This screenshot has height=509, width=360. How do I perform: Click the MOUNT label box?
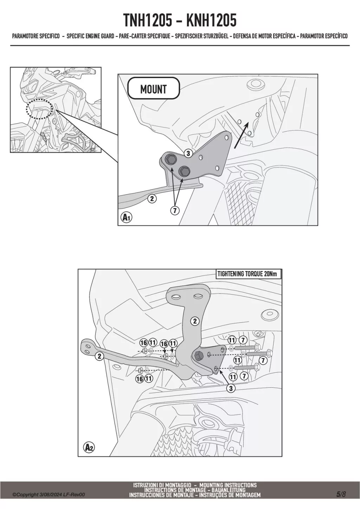click(154, 89)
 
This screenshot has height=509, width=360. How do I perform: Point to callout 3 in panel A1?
click(188, 154)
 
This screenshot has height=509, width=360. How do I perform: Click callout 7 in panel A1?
click(174, 211)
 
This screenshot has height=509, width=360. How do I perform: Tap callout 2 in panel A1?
click(152, 199)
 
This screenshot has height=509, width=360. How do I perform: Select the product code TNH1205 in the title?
click(148, 20)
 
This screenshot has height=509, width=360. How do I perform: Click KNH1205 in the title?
click(211, 20)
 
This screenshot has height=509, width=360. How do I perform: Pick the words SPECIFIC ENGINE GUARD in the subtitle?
click(90, 36)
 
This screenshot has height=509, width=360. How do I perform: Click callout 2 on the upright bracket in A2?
click(195, 321)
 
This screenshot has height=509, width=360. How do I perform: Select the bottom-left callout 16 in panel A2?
click(140, 379)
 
